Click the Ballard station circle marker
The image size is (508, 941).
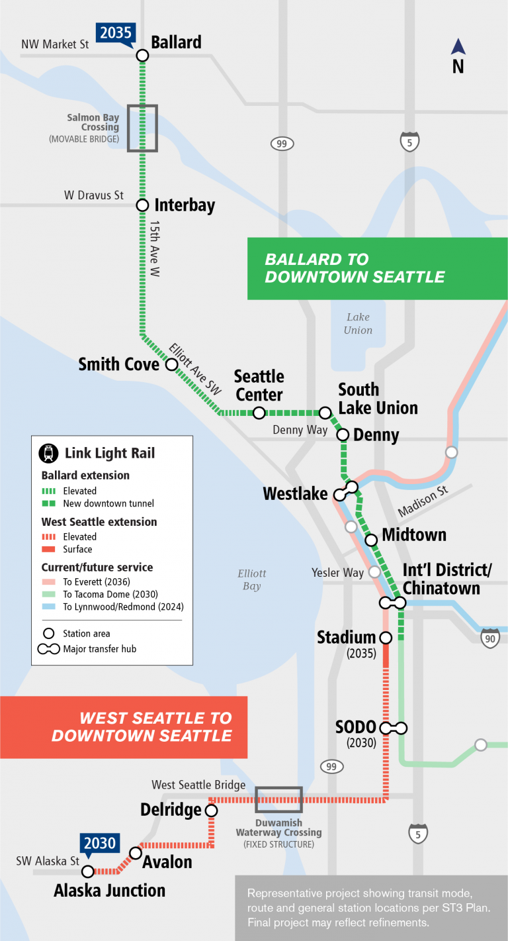tap(142, 56)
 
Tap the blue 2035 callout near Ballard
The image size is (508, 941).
tap(116, 32)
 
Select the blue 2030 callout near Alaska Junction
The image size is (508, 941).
tap(99, 844)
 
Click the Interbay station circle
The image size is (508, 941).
tap(142, 205)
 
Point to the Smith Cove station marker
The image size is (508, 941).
tap(171, 364)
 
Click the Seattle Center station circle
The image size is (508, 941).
tap(259, 413)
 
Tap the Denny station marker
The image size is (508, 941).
tap(343, 435)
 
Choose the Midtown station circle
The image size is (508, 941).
tap(371, 540)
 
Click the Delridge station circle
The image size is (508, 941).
tap(212, 810)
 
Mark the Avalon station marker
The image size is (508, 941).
tap(136, 852)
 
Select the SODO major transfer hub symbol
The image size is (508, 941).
tap(393, 728)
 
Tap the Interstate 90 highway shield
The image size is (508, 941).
tap(489, 638)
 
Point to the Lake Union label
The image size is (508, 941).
tap(358, 324)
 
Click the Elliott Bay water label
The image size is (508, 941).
tap(251, 579)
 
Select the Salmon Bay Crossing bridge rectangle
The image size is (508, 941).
tap(142, 128)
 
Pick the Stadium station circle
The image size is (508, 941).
tap(386, 638)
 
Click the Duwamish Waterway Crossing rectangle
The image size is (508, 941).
tap(278, 800)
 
